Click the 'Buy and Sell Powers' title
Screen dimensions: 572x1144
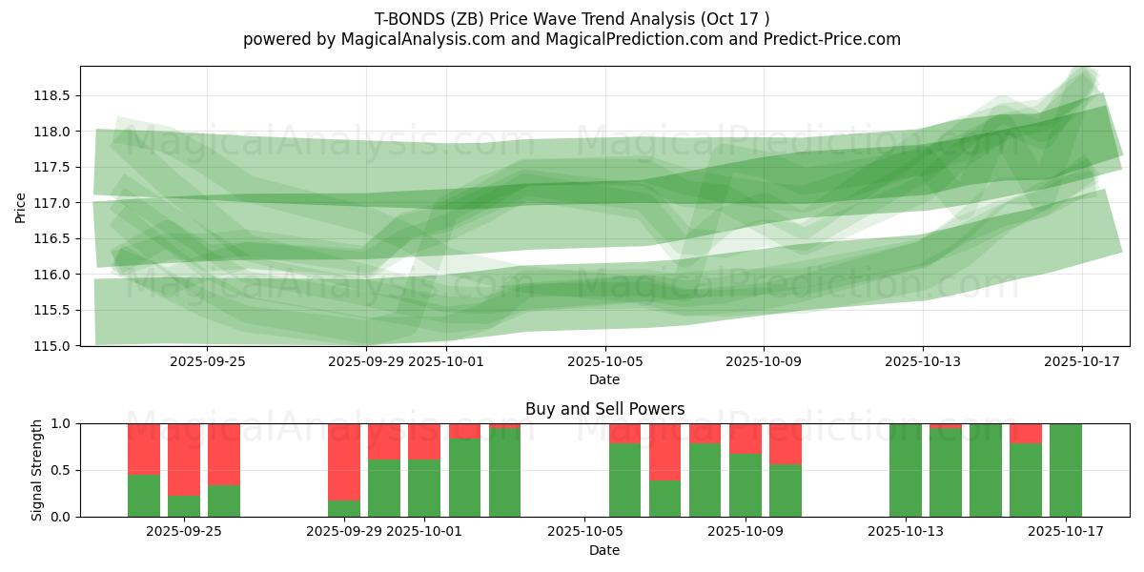click(604, 409)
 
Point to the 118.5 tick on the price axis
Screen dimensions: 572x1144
click(55, 95)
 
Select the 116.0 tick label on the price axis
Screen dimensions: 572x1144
click(55, 275)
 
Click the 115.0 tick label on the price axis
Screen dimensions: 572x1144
click(55, 346)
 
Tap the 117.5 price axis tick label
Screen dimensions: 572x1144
click(55, 167)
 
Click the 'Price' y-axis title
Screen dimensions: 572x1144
click(21, 206)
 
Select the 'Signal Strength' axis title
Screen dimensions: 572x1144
click(37, 470)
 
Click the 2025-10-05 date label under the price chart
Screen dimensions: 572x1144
click(604, 361)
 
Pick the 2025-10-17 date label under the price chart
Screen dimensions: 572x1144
click(1081, 361)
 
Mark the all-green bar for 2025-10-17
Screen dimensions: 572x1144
click(1066, 470)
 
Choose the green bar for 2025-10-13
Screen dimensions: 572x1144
click(906, 470)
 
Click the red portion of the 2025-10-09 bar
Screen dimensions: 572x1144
click(745, 439)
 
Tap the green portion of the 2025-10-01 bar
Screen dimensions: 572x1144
click(424, 488)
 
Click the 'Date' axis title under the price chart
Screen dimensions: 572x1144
click(604, 379)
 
